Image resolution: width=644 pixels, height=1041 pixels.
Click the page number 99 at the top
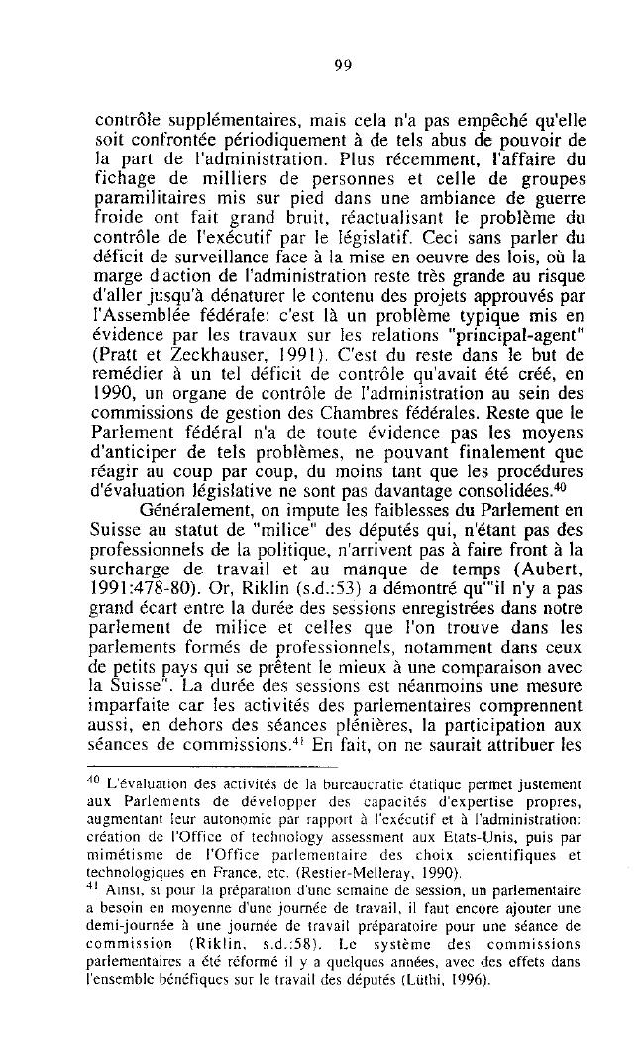pos(344,66)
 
